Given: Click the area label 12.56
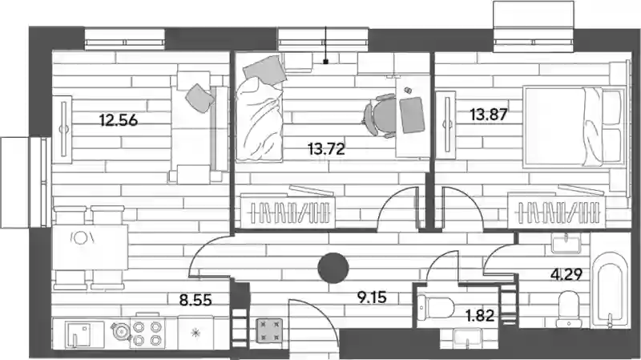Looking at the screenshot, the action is coord(119,120).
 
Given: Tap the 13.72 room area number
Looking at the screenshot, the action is coord(327,149).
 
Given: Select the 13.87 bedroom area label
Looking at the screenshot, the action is coord(489,115).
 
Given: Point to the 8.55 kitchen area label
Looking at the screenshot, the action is coord(196,300).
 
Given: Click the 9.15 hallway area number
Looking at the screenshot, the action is coord(372,297).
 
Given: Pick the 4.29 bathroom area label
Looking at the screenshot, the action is coord(566,274).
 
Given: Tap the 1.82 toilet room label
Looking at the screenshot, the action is coord(480,315).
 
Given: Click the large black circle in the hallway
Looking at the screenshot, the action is coord(333,268).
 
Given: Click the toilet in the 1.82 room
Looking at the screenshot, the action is coord(436,307).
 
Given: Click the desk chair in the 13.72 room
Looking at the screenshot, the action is coord(380,115).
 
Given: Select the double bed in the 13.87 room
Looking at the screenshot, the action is coord(574,127).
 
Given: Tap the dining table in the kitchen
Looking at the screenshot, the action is coord(90,247).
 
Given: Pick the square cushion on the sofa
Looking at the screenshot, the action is coord(200,98).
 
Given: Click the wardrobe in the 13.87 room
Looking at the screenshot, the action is coord(556,211).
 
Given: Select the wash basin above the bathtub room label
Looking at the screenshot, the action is coord(566,244).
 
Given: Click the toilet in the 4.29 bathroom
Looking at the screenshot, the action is coord(569,309).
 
